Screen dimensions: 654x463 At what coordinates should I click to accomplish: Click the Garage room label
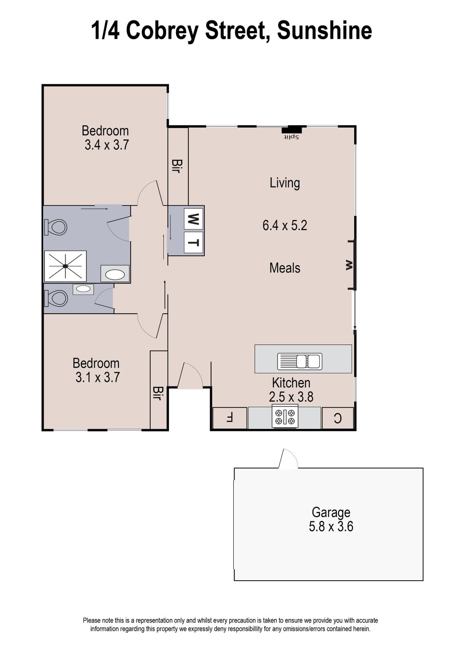331,512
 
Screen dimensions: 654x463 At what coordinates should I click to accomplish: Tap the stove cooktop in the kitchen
285,417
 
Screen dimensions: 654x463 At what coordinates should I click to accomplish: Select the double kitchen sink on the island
299,361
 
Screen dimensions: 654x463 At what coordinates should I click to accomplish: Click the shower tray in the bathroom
65,266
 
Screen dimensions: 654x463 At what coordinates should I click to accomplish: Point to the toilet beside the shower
56,227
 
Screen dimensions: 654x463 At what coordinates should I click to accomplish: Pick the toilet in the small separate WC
56,298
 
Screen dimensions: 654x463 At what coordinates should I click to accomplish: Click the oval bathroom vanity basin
115,274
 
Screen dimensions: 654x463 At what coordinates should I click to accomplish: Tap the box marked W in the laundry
193,218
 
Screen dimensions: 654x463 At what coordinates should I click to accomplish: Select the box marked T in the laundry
194,243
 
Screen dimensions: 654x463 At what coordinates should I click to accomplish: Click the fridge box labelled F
229,418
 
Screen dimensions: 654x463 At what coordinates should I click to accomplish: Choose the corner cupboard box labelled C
338,418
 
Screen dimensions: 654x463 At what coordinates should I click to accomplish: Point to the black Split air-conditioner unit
291,130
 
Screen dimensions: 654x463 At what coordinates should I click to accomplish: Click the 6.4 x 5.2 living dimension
285,225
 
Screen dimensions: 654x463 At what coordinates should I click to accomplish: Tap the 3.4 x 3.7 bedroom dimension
107,145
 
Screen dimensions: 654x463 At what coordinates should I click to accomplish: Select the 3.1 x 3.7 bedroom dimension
98,378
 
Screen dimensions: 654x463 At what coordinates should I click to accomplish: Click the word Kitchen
291,383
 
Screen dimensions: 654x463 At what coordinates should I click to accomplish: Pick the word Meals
285,268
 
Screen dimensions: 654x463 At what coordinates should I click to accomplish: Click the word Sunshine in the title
324,31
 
